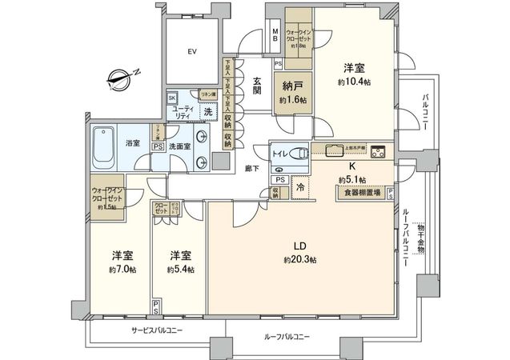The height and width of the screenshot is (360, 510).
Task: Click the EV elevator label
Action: point(191,52)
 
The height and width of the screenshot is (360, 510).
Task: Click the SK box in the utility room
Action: point(172,98)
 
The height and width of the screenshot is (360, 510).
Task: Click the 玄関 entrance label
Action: point(258,84)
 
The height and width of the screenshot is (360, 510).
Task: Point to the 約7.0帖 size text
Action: point(122,270)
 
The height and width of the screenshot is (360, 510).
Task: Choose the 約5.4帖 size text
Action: point(179,270)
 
